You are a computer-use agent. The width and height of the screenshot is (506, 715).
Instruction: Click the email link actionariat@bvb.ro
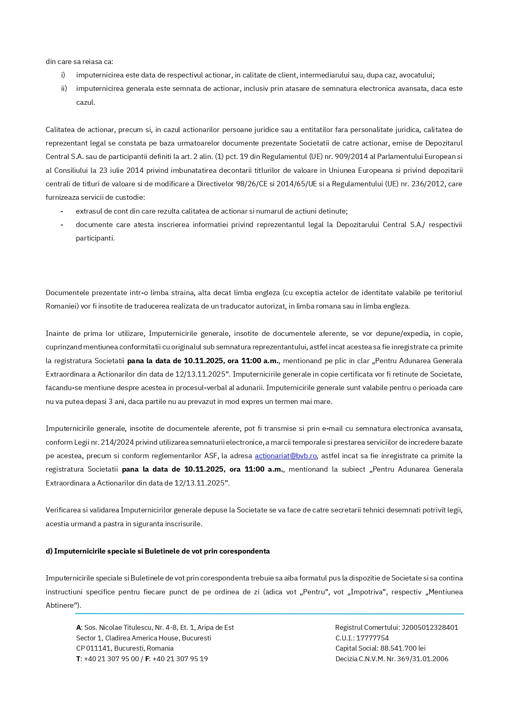285,456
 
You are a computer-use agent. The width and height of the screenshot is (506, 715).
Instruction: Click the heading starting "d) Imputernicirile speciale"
157,551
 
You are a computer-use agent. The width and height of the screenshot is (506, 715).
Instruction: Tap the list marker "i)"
63,75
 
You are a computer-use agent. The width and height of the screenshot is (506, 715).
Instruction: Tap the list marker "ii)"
64,88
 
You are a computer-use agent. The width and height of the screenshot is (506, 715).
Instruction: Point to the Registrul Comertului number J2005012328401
430,627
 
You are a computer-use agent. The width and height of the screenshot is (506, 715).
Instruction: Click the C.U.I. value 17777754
372,638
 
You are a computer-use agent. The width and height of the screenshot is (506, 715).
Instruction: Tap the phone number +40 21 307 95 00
111,659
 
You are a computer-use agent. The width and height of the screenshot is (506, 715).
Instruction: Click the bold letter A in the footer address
78,627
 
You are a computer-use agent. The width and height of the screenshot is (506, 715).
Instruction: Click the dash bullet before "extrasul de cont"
62,211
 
